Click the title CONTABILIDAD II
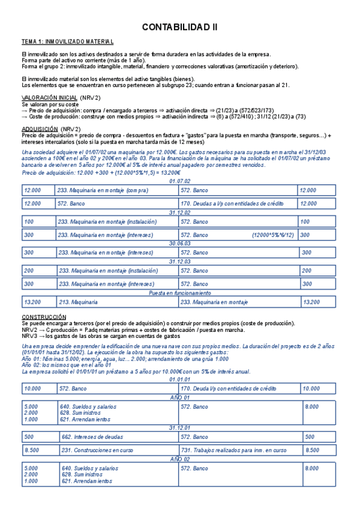tap(179, 28)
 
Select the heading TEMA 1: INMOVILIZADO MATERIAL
tap(67, 42)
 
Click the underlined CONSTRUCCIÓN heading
tap(44, 316)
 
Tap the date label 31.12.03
tap(179, 261)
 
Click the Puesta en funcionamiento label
tap(179, 293)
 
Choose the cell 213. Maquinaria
tap(78, 301)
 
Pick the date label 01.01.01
tap(179, 379)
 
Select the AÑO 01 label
tap(179, 397)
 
